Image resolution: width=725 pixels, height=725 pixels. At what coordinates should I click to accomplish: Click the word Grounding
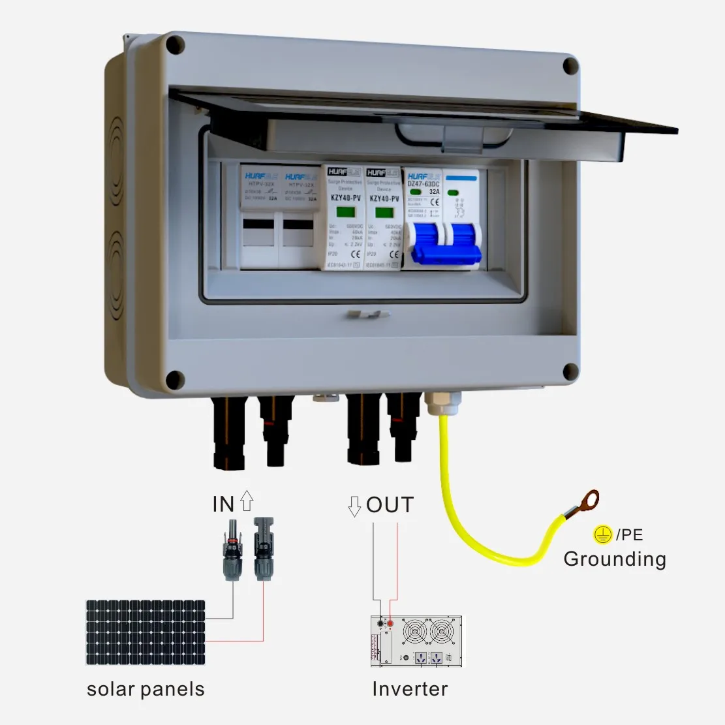(615, 559)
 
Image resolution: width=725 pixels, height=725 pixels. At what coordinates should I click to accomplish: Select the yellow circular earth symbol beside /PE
(602, 535)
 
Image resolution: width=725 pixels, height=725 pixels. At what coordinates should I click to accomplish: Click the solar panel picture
(146, 632)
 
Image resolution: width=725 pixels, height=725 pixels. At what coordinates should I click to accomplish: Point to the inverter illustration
(418, 641)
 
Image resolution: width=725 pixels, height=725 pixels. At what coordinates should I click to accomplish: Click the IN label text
(223, 504)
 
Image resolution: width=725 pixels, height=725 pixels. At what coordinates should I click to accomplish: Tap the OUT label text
(390, 504)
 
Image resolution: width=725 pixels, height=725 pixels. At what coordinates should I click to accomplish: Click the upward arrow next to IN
(247, 501)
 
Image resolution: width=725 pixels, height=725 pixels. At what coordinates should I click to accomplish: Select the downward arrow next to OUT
(355, 506)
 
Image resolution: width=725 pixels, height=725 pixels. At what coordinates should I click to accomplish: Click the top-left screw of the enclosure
(175, 45)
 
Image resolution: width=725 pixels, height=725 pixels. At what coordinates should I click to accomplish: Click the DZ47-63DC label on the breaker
(424, 185)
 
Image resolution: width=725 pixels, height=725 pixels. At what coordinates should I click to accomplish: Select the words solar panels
(146, 689)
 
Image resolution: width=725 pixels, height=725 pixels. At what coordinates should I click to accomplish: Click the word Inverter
(410, 689)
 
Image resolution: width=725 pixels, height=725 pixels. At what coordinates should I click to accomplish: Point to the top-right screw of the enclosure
(570, 66)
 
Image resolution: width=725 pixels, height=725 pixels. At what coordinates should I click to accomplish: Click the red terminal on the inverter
(390, 625)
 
